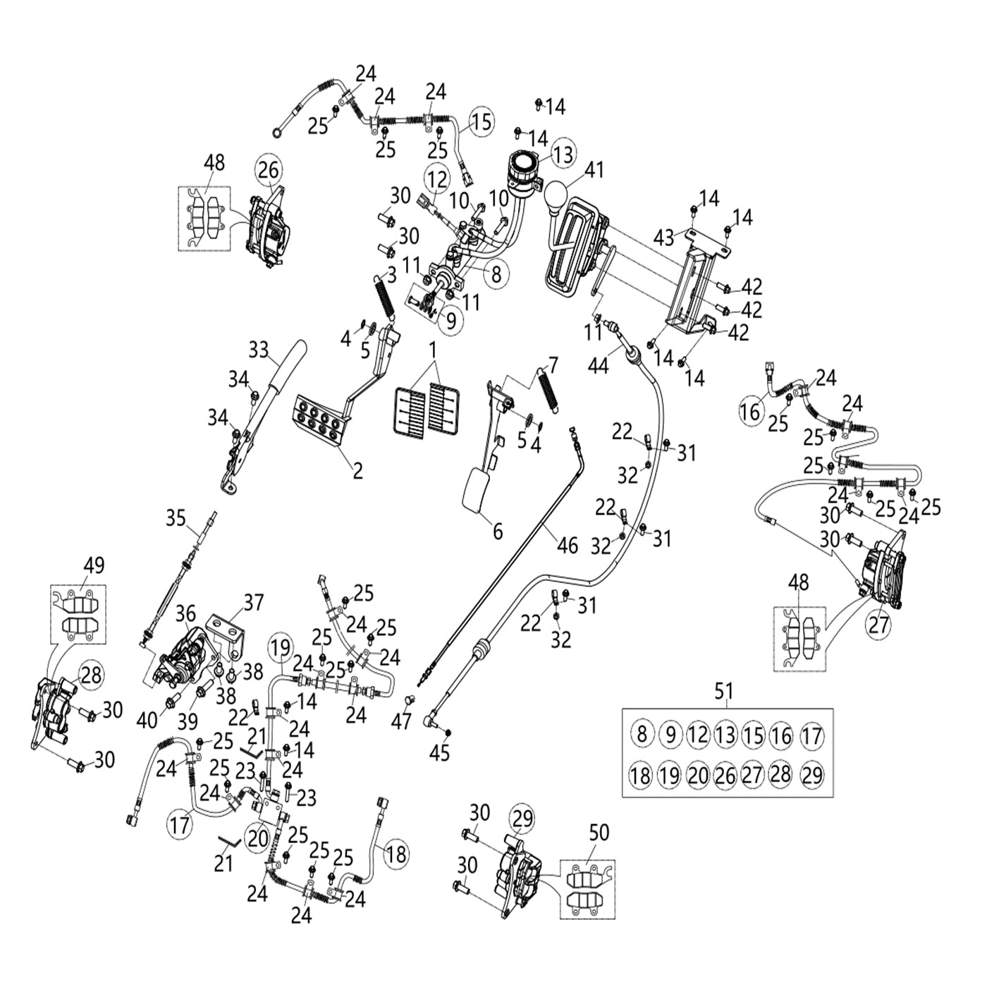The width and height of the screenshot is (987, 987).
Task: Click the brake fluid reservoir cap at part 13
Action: [523, 164]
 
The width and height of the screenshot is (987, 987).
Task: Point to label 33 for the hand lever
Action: [259, 348]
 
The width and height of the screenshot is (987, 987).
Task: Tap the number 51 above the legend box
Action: [724, 691]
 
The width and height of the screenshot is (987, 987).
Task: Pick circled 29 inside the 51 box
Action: [812, 775]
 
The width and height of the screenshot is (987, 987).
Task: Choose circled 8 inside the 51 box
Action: [641, 734]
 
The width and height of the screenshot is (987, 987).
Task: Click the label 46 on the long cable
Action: [567, 545]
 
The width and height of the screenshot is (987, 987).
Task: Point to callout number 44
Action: [598, 365]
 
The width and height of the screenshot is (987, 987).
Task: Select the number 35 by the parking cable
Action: [176, 519]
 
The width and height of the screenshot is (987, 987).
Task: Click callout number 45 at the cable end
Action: [439, 753]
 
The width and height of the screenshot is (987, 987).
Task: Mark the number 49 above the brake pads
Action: [94, 565]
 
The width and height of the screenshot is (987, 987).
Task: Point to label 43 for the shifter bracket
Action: [664, 237]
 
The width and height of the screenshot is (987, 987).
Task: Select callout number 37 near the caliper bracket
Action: [253, 603]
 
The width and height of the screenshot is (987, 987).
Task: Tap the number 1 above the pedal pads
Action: [433, 350]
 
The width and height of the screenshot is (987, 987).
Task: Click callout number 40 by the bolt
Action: [147, 720]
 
